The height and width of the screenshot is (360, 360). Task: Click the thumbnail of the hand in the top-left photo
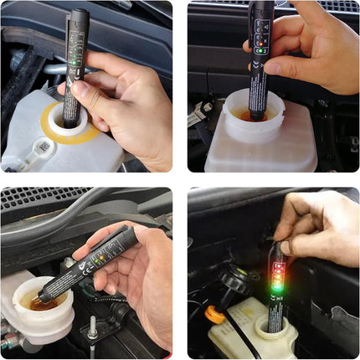(x=78, y=86)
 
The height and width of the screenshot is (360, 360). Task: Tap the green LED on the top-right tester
(x=261, y=50)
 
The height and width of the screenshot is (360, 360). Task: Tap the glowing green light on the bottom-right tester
(x=275, y=291)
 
